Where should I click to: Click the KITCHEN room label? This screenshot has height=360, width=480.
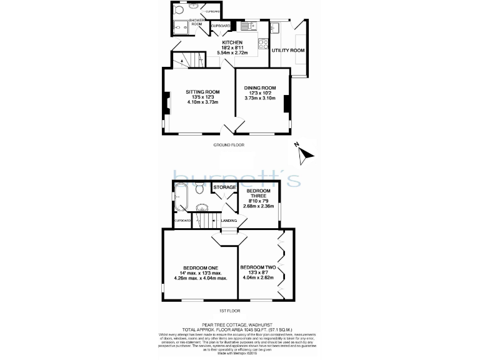click(232, 42)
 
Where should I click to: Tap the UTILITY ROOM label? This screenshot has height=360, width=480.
click(288, 50)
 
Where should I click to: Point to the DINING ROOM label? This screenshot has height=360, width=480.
click(260, 87)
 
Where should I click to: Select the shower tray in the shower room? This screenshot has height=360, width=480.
click(181, 27)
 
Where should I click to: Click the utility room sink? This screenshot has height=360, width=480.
click(276, 27)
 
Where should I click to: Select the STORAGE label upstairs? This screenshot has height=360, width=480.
click(225, 187)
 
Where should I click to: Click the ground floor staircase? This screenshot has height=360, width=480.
click(182, 60)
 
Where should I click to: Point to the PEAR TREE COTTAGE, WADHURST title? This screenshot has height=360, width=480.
click(232, 324)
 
